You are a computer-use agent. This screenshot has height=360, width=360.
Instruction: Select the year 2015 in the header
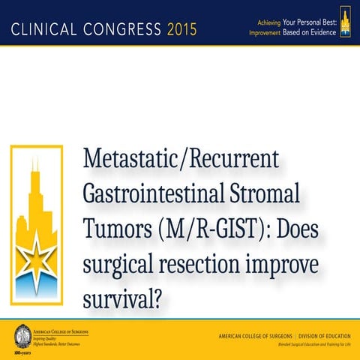[181, 30]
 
